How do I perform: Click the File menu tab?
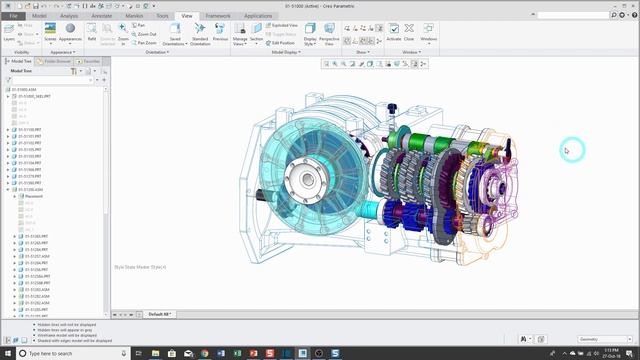click(14, 16)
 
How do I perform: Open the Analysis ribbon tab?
click(69, 16)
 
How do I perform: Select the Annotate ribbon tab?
click(100, 16)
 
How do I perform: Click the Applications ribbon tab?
click(258, 16)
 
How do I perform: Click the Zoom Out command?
click(146, 34)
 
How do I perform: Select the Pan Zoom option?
click(146, 43)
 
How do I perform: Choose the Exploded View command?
click(284, 25)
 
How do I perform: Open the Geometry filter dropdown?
click(599, 338)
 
